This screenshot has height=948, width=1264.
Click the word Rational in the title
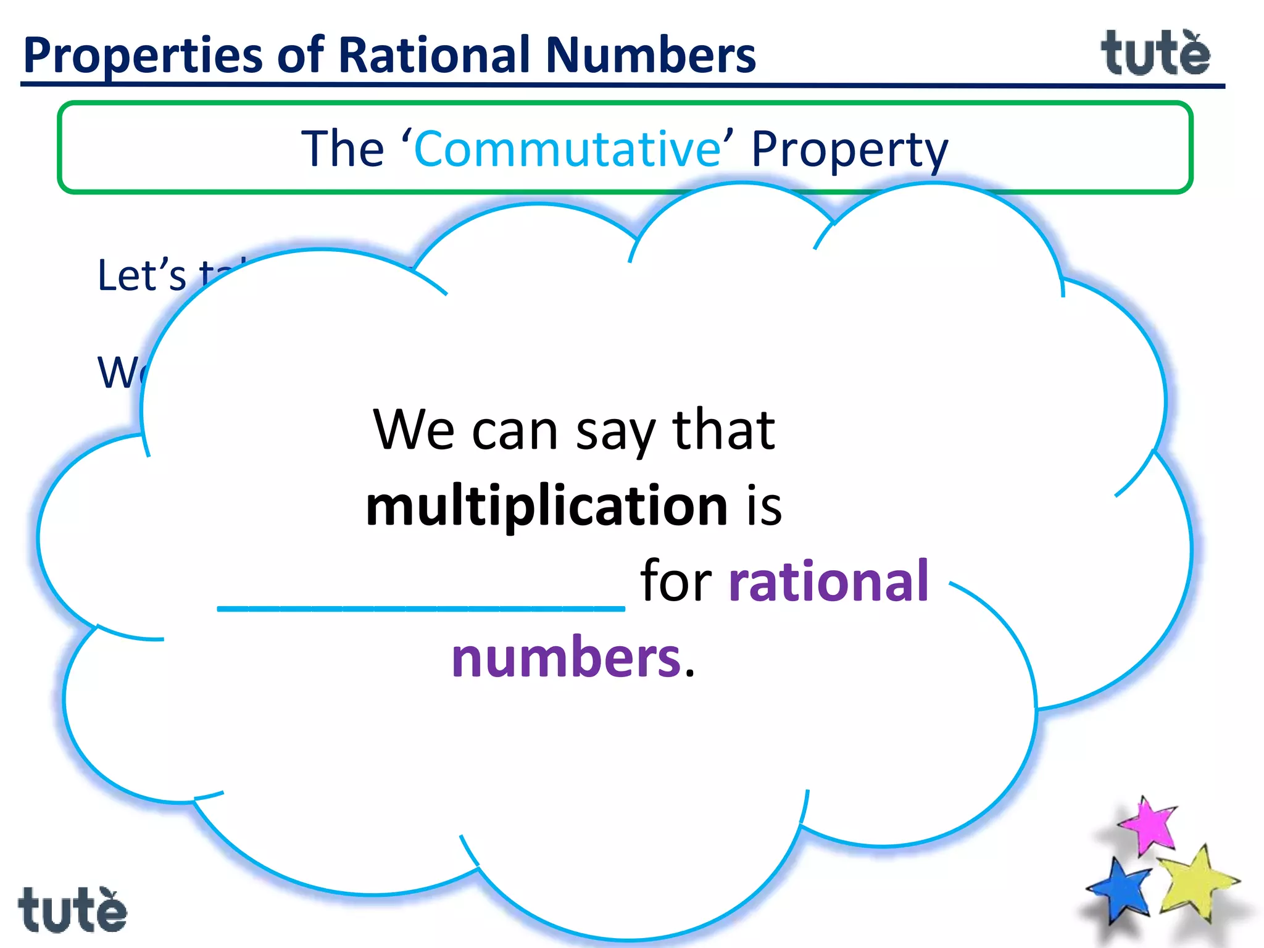point(435,56)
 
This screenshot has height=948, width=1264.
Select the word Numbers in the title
point(651,56)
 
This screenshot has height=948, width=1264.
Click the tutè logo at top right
point(1155,53)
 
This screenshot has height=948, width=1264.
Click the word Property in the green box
point(849,150)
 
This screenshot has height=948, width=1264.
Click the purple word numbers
point(566,657)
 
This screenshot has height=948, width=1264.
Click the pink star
point(1148,825)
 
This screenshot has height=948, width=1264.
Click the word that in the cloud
point(723,430)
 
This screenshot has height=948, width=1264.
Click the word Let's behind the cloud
point(141,275)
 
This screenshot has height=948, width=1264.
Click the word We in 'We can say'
point(414,430)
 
